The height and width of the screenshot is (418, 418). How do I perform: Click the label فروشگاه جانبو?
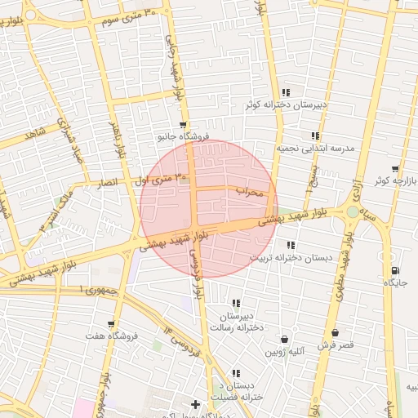tap(184, 137)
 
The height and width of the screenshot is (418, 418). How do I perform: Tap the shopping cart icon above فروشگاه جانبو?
tap(182, 125)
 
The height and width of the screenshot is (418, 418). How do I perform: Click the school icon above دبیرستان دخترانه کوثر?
tap(285, 92)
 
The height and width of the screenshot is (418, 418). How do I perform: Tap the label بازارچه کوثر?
tap(394, 180)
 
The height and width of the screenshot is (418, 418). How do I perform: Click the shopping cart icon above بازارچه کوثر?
tap(395, 169)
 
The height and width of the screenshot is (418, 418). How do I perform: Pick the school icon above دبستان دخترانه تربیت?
tap(291, 245)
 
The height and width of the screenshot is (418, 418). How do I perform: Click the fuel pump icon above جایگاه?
tap(395, 270)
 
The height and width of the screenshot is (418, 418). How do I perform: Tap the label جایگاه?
tap(395, 282)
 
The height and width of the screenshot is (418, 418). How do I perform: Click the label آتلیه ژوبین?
tap(284, 352)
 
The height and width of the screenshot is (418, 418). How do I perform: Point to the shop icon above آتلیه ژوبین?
tap(284, 340)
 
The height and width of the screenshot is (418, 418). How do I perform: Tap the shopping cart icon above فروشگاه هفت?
tap(111, 324)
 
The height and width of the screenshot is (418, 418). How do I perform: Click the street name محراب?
tap(251, 193)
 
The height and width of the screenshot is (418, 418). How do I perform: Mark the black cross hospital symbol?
tap(195, 404)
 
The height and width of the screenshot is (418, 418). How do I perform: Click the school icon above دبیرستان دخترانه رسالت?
tap(235, 303)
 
